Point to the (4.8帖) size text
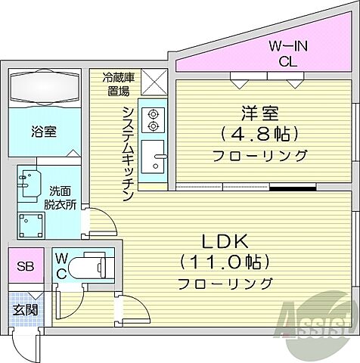pyautogui.click(x=259, y=134)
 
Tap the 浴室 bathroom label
pyautogui.click(x=42, y=130)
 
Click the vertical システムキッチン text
pyautogui.click(x=128, y=151)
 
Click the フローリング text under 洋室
pyautogui.click(x=259, y=156)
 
